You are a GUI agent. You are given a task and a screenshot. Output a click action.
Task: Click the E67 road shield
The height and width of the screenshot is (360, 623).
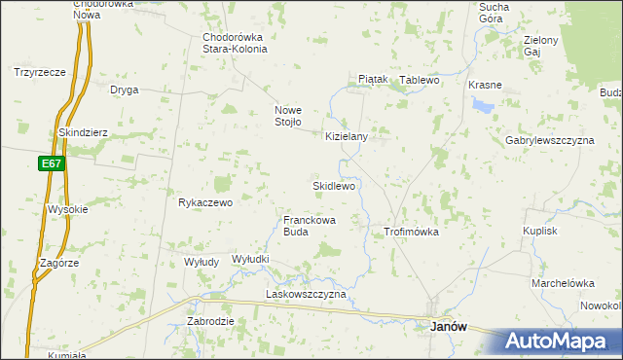(53, 163)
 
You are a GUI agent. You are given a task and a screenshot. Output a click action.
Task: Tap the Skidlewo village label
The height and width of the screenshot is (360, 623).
(333, 185)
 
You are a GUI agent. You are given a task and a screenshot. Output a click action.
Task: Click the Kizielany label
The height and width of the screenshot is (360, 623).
(347, 137)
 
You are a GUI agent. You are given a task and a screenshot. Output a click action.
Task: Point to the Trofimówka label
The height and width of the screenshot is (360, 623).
(412, 233)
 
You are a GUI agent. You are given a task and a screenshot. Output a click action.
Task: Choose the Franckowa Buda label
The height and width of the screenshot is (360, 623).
(310, 226)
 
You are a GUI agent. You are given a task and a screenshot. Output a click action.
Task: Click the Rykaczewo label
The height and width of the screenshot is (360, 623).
(205, 202)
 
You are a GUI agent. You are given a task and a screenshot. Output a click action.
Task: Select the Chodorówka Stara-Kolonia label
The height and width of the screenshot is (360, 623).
(234, 44)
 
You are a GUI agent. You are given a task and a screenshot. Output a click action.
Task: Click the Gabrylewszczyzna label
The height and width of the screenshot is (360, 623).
(549, 140)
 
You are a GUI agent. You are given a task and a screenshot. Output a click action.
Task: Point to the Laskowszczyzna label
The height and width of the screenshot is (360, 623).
(307, 294)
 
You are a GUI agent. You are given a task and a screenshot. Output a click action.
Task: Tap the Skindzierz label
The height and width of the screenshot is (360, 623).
(83, 132)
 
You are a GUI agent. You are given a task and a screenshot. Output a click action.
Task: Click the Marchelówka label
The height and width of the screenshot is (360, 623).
(563, 283)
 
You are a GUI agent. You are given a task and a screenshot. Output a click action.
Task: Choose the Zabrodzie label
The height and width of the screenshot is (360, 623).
(210, 321)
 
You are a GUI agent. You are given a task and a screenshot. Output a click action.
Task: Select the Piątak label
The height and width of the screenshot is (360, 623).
(373, 79)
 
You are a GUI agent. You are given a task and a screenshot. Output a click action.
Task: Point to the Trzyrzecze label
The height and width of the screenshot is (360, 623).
(40, 72)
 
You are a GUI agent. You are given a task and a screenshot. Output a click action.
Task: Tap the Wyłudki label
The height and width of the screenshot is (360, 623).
(250, 259)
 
